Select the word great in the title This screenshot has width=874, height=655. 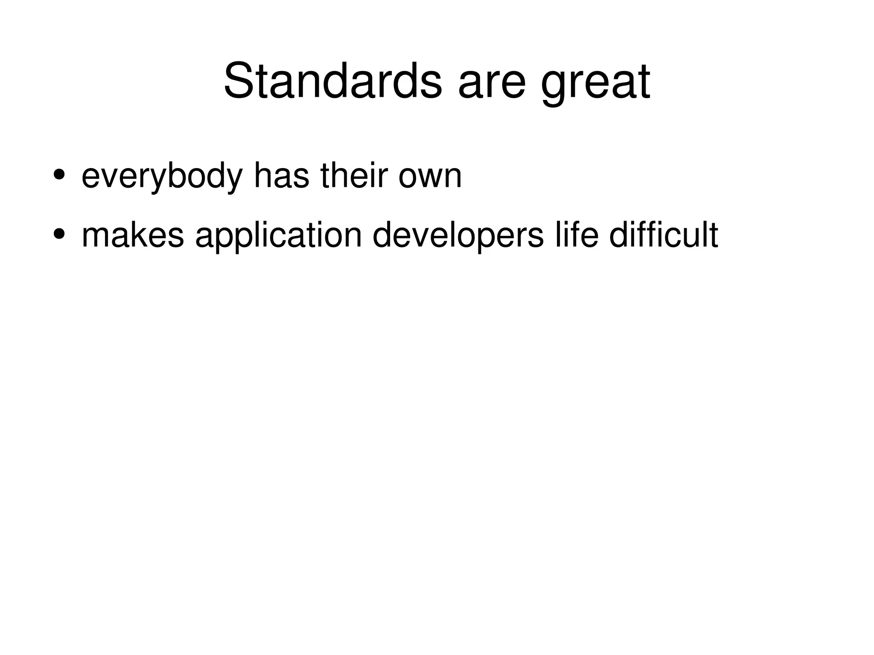(x=595, y=83)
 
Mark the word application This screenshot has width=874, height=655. (x=279, y=236)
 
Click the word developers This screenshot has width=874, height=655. (x=458, y=236)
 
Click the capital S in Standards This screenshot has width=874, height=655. (x=239, y=81)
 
